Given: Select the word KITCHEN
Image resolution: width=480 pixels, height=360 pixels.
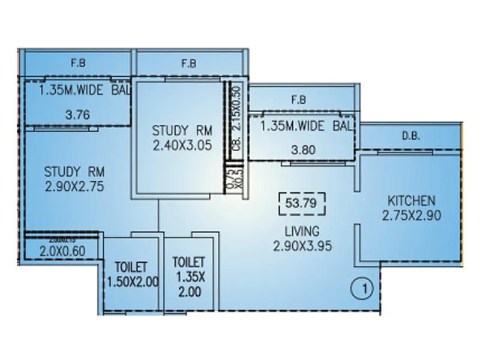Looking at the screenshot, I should click(x=411, y=200).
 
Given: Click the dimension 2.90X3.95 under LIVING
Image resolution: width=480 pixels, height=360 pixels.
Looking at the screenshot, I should click(x=302, y=245).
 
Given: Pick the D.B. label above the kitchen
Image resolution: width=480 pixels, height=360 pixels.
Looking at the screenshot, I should click(x=411, y=137).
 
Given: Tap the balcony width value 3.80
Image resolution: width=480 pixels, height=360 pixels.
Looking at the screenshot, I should click(x=301, y=152).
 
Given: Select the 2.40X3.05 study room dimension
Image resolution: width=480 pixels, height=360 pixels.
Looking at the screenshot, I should click(x=181, y=145).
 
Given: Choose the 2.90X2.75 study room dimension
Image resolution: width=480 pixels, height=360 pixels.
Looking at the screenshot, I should click(x=74, y=187).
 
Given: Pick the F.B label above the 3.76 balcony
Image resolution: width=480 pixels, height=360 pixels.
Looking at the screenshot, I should click(x=77, y=62).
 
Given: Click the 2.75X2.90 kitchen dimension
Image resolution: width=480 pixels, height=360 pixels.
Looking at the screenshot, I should click(x=411, y=215).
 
